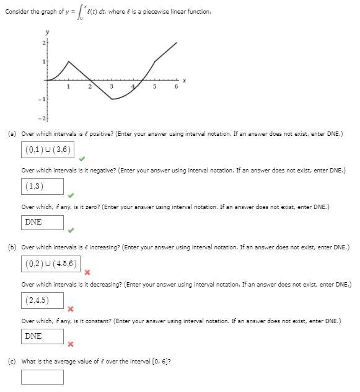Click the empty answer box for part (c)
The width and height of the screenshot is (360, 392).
pos(42,376)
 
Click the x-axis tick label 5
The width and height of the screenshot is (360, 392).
pos(154,87)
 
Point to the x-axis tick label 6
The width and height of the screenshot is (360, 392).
pos(176,87)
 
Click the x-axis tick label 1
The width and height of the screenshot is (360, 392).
pos(68,87)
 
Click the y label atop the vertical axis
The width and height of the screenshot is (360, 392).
pos(46,32)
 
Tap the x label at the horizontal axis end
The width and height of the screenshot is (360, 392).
pos(184,81)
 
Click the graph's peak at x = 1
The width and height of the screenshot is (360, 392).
pos(68,61)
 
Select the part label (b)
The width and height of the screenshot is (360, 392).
pos(12,247)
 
